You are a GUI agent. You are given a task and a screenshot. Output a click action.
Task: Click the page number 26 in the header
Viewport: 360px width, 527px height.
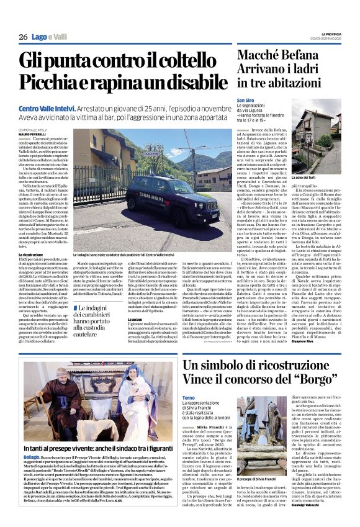[x=23, y=37]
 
